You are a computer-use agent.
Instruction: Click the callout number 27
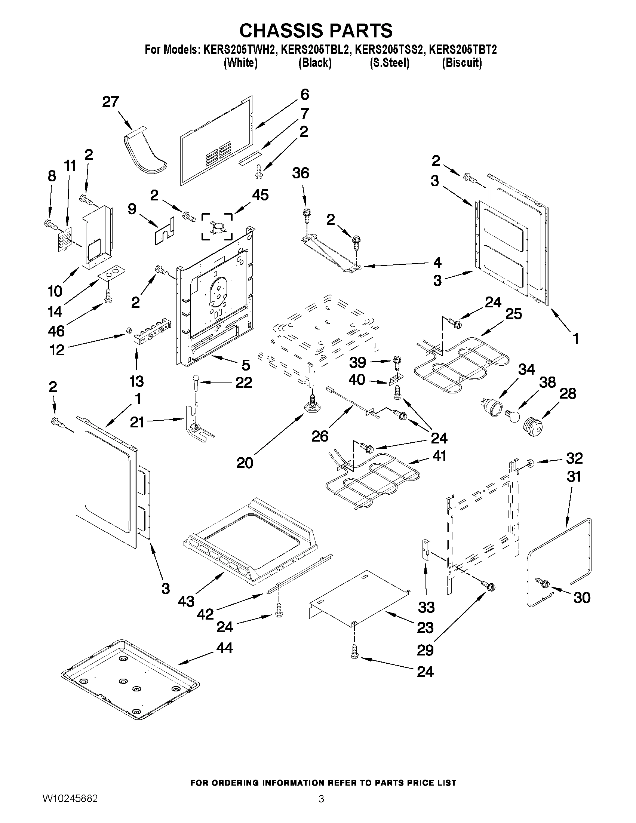pos(110,102)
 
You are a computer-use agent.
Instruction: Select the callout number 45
pos(260,195)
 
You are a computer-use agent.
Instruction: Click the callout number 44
pos(225,648)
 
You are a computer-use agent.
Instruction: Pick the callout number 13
pos(136,381)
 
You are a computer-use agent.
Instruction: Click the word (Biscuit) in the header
pos(461,62)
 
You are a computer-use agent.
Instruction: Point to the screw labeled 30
pos(542,582)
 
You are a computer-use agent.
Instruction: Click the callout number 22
pos(243,383)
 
